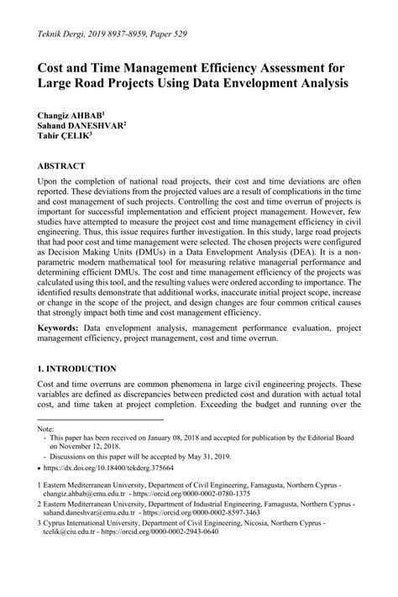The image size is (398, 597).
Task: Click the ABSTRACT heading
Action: click(63, 166)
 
